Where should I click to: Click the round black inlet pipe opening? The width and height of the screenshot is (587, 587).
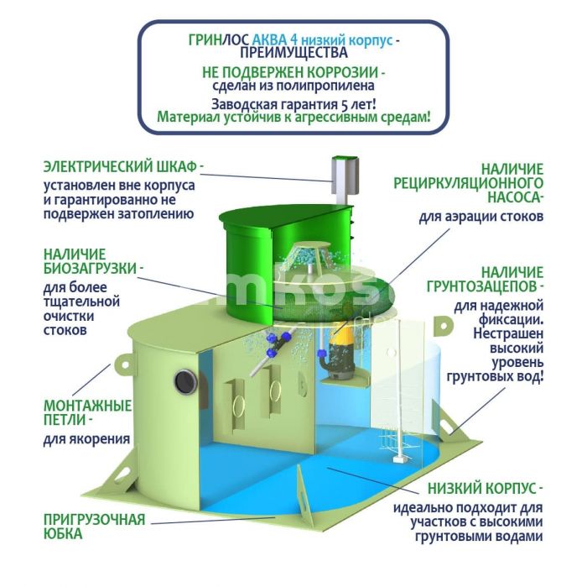(186, 381)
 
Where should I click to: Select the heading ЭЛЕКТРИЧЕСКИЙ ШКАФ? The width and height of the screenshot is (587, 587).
(120, 167)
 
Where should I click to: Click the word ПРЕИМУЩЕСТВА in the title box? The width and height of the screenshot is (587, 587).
(293, 52)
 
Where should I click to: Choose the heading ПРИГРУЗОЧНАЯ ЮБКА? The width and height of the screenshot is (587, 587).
(94, 527)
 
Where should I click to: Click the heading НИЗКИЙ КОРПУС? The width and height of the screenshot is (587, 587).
(482, 489)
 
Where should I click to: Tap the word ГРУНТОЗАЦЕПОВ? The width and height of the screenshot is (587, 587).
(482, 286)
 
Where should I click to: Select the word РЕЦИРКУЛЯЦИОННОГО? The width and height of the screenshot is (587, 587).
(468, 183)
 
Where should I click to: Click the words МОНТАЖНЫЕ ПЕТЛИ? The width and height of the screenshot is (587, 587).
(87, 412)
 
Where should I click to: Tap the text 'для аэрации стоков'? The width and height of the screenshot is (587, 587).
(481, 217)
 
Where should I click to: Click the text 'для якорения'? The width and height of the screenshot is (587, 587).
(87, 438)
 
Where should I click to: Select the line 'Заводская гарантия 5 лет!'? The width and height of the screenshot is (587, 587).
(293, 104)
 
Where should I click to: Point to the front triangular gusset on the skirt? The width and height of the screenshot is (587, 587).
(304, 494)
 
